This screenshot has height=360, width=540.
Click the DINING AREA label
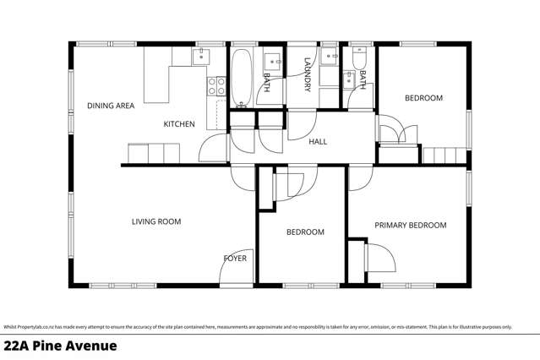click(111, 106)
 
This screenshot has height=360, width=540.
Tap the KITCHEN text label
click(179, 124)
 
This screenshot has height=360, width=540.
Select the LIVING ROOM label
click(156, 222)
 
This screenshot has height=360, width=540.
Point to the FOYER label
click(235, 259)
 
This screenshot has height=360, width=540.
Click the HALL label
click(318, 142)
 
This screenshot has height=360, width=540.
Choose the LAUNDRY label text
click(308, 70)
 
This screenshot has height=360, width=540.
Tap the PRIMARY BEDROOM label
click(411, 226)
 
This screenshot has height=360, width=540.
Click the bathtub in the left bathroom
click(241, 78)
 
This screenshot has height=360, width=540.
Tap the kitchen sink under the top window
click(200, 57)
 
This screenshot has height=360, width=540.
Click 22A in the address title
click(18, 346)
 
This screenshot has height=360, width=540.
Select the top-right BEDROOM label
click(423, 99)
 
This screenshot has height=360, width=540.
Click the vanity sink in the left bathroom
click(274, 61)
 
